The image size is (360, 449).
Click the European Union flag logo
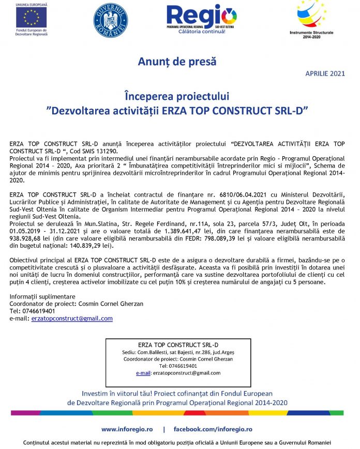point(31,18)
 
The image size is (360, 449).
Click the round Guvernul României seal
point(111,20)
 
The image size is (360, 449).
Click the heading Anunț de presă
point(177,62)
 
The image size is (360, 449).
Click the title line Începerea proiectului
point(177,96)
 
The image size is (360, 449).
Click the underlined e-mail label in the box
point(143,373)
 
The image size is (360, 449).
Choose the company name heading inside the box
point(178,345)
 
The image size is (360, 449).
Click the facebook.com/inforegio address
point(213,429)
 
